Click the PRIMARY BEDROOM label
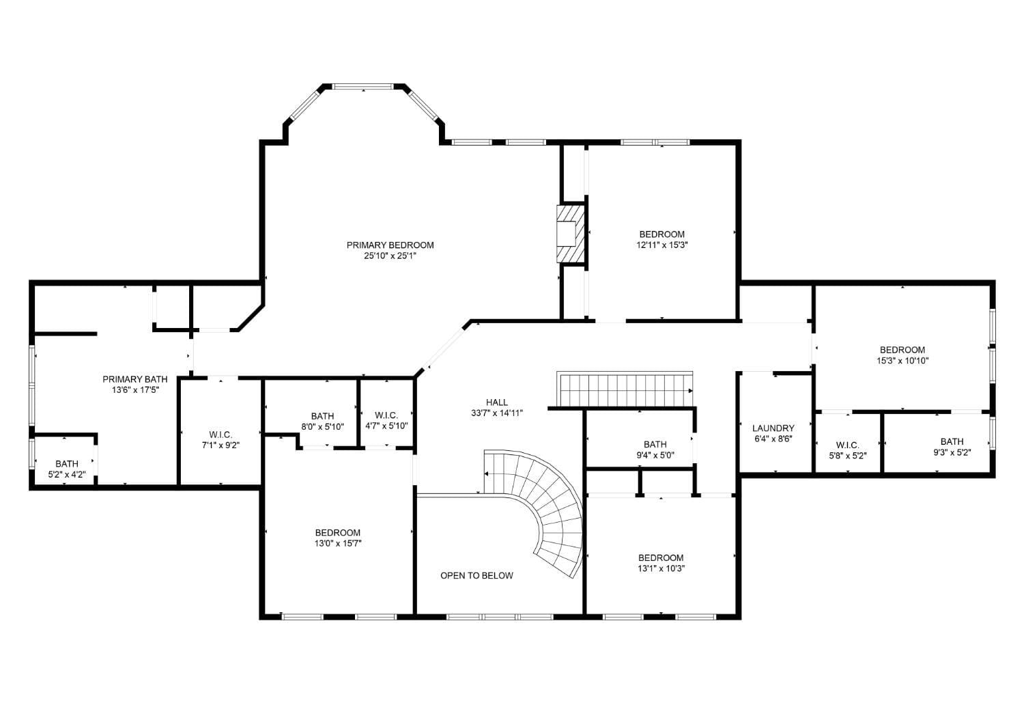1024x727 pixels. coord(390,245)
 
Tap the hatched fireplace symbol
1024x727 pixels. coord(569,234)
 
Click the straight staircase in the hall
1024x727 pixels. coord(625,389)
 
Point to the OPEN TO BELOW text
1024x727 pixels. coord(477,575)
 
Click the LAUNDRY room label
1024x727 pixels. coord(773,428)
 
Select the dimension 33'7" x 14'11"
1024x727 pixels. coord(497,413)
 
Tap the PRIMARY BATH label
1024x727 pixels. coord(135,379)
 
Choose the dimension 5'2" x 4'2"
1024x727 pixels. coord(67,475)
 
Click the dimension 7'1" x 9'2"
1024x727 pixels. coord(221,445)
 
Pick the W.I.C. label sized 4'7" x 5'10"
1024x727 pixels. coord(386,415)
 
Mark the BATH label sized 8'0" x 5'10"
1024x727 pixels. coord(323,416)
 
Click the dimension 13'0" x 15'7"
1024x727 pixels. coord(338,544)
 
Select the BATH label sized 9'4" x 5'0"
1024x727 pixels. coord(655,444)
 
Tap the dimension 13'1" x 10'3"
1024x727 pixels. coord(661,568)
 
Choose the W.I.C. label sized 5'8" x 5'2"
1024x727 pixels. coord(847,445)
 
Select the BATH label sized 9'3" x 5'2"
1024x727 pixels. coord(952,441)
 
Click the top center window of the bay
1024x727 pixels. coord(363,87)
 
